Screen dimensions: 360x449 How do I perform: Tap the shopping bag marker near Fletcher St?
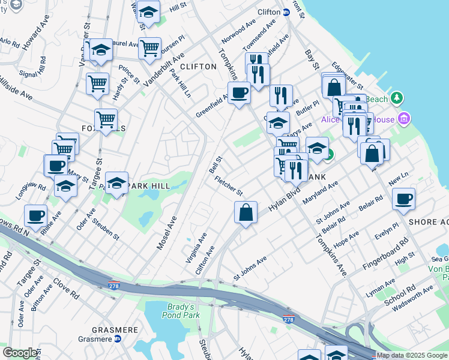[246, 213]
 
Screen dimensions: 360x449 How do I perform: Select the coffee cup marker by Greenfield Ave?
[239, 94]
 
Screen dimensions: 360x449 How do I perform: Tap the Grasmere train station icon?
[118, 339]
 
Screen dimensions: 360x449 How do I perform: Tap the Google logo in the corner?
[20, 353]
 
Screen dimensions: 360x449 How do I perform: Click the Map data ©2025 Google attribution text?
[412, 355]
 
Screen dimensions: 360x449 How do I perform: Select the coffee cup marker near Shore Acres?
[403, 199]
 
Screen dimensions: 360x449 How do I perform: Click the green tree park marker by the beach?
[396, 98]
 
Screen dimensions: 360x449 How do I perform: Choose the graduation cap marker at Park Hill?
[117, 184]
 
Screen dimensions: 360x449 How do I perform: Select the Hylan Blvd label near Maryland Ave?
[284, 200]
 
